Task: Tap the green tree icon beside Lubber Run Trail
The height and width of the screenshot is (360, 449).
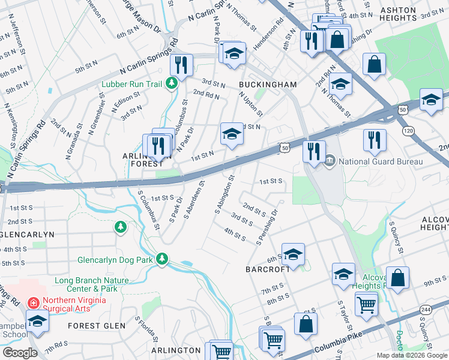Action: pyautogui.click(x=172, y=83)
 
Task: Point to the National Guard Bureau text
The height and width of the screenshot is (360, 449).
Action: pyautogui.click(x=381, y=161)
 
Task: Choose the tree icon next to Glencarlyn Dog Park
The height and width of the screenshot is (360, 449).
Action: pyautogui.click(x=161, y=259)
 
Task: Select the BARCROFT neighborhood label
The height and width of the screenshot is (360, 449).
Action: pyautogui.click(x=267, y=269)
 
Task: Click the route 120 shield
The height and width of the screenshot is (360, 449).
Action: pyautogui.click(x=409, y=130)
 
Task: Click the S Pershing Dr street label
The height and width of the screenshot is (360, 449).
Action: pyautogui.click(x=268, y=227)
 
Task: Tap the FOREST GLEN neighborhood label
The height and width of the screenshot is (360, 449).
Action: pyautogui.click(x=97, y=326)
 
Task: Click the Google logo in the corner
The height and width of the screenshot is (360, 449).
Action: pyautogui.click(x=20, y=352)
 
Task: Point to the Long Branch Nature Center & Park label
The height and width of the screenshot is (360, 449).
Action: pyautogui.click(x=91, y=284)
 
